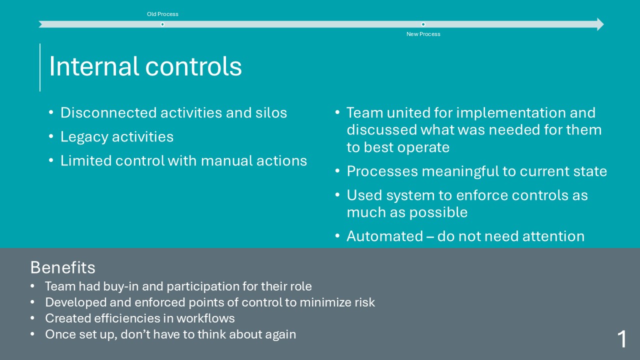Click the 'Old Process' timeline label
162,14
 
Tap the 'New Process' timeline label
423,34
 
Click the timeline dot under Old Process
162,24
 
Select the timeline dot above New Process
423,24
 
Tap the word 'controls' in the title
193,66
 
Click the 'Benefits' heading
62,267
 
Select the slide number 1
621,339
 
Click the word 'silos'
271,112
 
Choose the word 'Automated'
384,236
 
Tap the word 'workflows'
205,318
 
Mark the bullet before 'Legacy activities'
51,136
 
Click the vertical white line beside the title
40,67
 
